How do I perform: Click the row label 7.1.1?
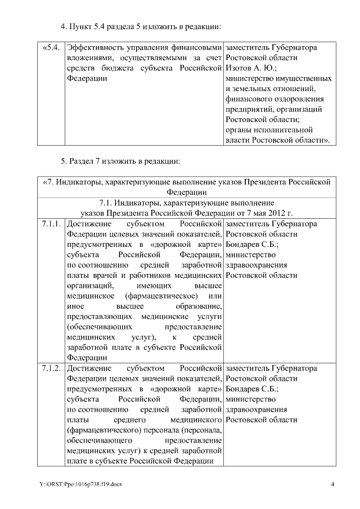tap(51, 224)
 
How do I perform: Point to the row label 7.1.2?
tap(51, 368)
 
